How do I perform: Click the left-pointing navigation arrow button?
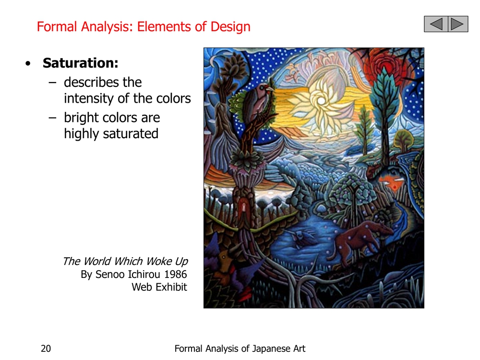click(x=436, y=24)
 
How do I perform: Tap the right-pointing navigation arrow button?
click(x=457, y=24)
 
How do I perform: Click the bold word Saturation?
click(x=80, y=63)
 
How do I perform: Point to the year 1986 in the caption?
click(x=175, y=274)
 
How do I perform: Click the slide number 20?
click(x=46, y=348)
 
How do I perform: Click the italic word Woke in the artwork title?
click(x=159, y=261)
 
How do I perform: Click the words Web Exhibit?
click(x=159, y=287)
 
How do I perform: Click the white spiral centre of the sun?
click(x=321, y=100)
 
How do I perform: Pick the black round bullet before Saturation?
click(x=28, y=64)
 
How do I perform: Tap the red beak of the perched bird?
click(x=271, y=89)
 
